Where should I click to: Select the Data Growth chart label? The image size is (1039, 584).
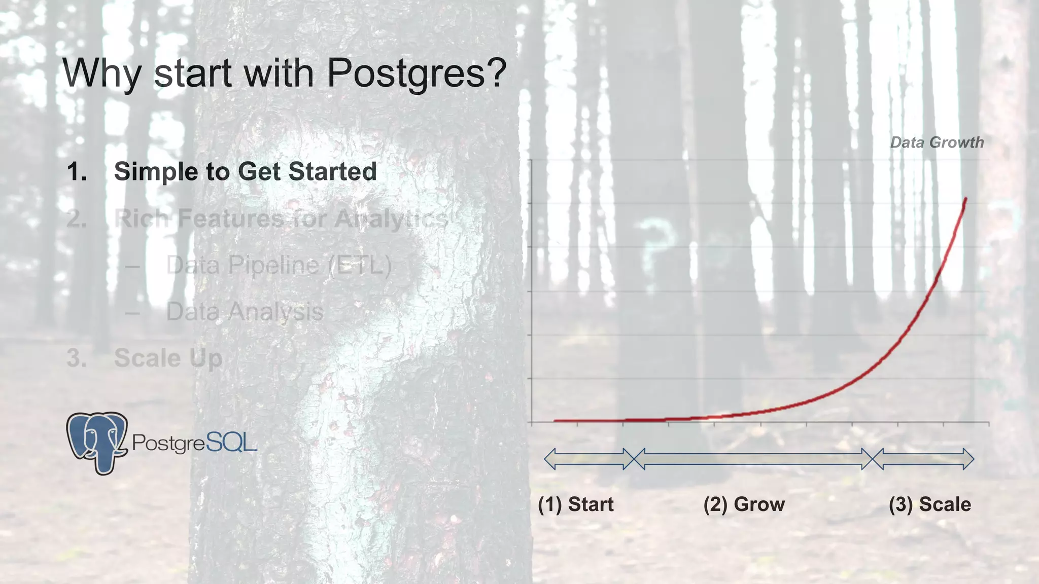coord(937,142)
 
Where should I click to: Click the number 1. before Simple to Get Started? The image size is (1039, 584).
coord(77,172)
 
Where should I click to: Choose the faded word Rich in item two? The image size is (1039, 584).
coord(142,219)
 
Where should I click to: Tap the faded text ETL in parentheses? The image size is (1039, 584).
coord(360,265)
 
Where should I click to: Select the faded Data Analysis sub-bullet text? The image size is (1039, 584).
coord(245,311)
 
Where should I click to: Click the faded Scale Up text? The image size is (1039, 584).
coord(168,358)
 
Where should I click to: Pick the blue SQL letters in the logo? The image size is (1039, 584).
coord(231,443)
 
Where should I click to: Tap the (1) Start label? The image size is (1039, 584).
coord(576,504)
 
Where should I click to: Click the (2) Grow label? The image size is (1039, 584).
coord(744,504)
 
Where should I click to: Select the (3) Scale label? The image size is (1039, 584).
coord(930,504)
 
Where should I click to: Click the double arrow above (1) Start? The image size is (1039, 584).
coord(589,459)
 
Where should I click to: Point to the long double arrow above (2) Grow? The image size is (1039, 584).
coord(753,459)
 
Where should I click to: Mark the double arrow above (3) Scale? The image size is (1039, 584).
coord(923,459)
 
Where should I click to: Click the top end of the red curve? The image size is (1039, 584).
coord(965,199)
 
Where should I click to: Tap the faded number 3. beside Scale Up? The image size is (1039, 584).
coord(77,358)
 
